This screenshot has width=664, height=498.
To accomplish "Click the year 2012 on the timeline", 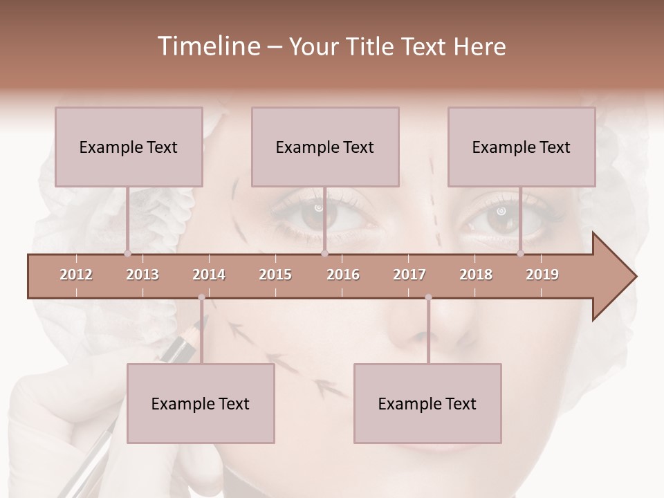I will tap(76, 275).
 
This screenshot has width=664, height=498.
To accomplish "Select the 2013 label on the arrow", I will tap(142, 275).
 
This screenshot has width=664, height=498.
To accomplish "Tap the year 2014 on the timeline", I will tap(209, 275).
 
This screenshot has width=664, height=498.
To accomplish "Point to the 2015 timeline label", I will tap(275, 275).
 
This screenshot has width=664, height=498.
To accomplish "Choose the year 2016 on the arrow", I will tap(343, 275).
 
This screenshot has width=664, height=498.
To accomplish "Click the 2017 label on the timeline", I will tap(409, 275).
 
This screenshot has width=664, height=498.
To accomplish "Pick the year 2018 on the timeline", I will tap(476, 275).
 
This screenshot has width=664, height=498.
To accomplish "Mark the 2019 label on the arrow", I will tap(542, 275).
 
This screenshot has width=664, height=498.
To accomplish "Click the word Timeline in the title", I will tap(207, 46).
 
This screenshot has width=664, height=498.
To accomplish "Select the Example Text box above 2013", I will tap(129, 147).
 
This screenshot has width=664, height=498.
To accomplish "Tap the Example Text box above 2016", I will tap(325, 147).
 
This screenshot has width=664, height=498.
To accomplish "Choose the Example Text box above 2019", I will tap(522, 147).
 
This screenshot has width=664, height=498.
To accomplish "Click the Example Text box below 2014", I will tap(201, 403).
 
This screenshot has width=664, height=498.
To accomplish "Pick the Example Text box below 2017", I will tap(427, 403).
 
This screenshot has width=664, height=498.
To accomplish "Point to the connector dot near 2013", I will tap(127, 253).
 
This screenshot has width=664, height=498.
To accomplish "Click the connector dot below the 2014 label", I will tap(201, 297).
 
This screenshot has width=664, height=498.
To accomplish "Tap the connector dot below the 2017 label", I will tap(428, 297).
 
